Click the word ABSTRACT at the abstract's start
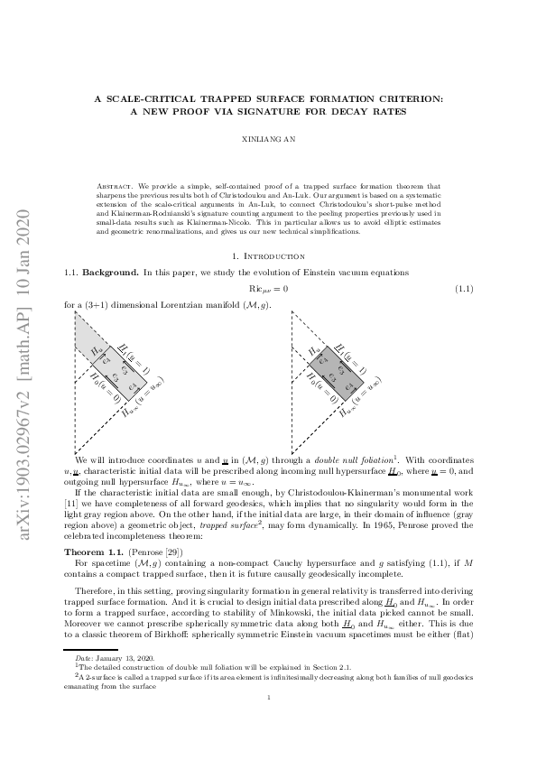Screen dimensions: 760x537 pos(112,184)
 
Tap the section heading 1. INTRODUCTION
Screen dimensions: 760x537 pos(268,256)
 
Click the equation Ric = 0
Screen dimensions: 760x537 pos(268,288)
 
